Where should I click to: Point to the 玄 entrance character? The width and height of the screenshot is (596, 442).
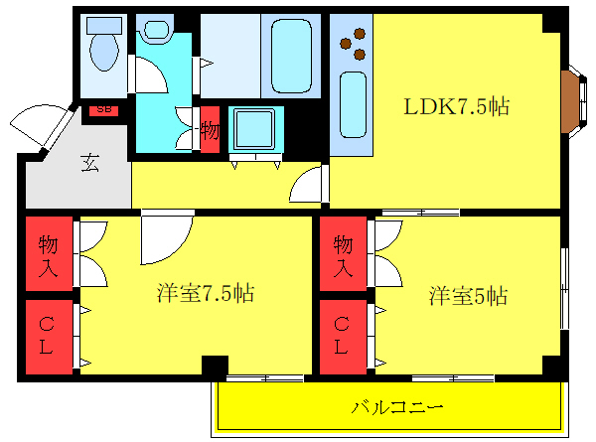[x=88, y=164]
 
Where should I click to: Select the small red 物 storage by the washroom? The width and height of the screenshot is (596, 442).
[x=210, y=130]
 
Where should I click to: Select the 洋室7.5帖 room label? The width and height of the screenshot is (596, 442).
[x=205, y=294]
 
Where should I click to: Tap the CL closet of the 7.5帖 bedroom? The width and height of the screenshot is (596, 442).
[x=49, y=336]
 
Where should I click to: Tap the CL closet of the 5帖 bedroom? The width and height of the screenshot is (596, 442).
[x=343, y=336]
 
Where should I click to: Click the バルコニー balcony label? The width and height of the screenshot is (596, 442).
[x=395, y=406]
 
